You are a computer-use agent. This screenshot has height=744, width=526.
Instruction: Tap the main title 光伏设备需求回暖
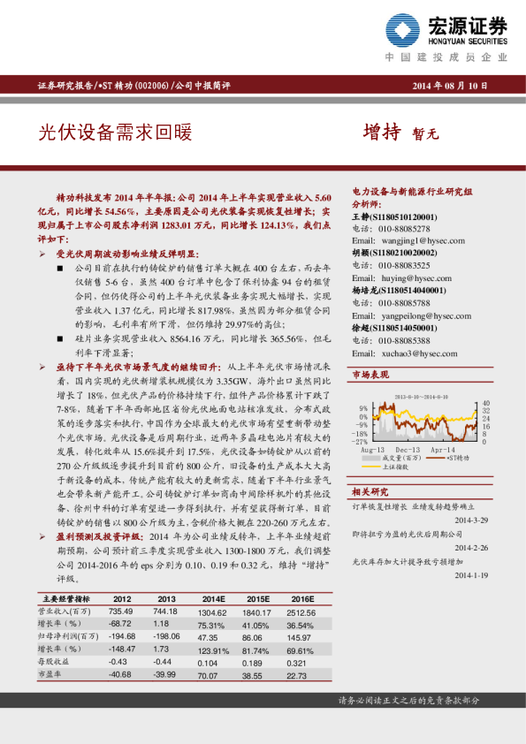pyautogui.click(x=114, y=133)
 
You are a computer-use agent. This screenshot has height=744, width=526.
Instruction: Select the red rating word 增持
pyautogui.click(x=382, y=133)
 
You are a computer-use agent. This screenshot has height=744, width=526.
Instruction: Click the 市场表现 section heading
pyautogui.click(x=371, y=376)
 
